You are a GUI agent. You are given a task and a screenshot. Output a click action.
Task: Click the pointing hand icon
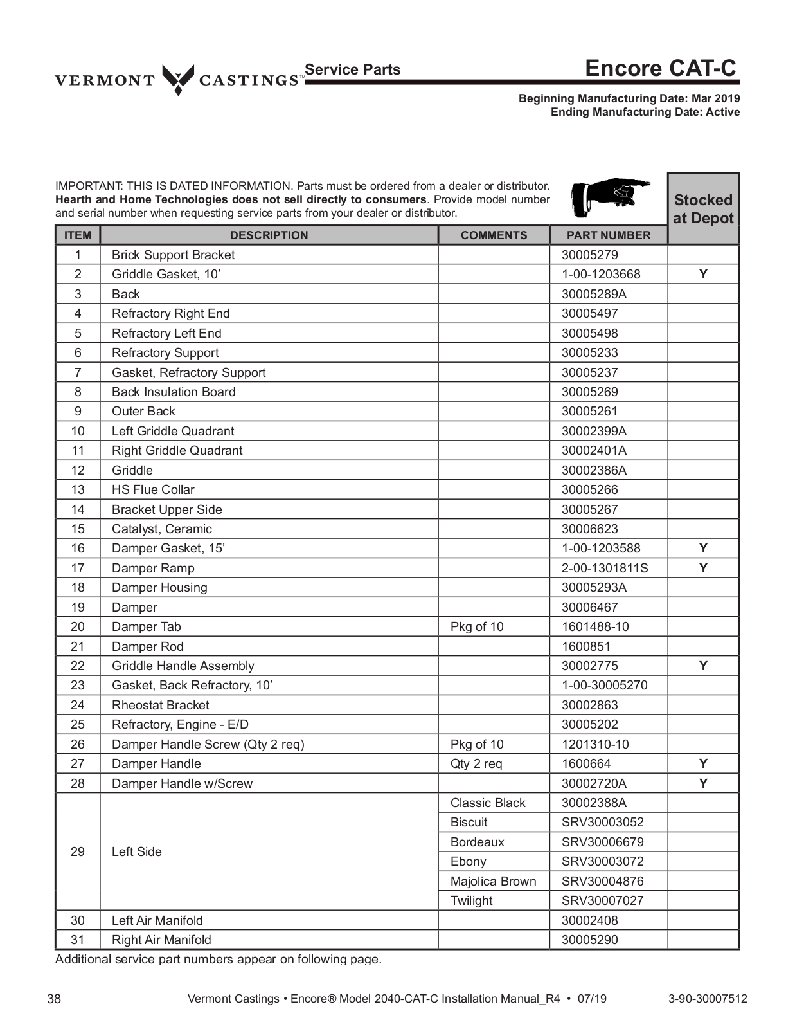tap(610, 197)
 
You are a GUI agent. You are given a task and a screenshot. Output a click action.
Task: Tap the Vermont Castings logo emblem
tap(177, 79)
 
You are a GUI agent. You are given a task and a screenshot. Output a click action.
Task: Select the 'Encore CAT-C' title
tap(660, 68)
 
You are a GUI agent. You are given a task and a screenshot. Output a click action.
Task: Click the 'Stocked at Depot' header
tap(703, 209)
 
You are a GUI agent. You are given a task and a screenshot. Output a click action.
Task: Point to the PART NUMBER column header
tap(608, 235)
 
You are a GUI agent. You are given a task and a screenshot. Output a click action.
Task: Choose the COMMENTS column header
tap(494, 235)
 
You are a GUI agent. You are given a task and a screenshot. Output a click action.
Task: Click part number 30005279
tap(589, 255)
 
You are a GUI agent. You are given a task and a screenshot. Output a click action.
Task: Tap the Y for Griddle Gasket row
tap(703, 274)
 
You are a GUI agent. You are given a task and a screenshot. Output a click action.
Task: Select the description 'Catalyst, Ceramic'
tap(161, 529)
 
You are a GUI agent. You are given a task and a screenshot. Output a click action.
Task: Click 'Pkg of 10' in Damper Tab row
tap(477, 626)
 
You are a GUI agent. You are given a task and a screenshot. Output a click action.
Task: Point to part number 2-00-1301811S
tap(604, 568)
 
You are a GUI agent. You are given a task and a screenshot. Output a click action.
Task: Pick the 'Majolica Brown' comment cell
tap(493, 881)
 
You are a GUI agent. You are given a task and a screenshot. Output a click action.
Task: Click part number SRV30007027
tap(602, 900)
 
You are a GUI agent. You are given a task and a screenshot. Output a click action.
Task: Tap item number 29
tap(78, 851)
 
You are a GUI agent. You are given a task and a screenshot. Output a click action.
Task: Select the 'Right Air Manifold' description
tap(161, 940)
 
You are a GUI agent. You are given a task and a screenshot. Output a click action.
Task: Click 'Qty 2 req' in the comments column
tap(476, 763)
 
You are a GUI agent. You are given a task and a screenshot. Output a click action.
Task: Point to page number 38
tap(55, 999)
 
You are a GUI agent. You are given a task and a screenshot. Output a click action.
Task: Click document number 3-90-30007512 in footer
tap(708, 999)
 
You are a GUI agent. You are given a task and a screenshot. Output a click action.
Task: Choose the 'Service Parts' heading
tap(352, 69)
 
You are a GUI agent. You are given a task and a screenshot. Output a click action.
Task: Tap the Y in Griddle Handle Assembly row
tap(703, 666)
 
